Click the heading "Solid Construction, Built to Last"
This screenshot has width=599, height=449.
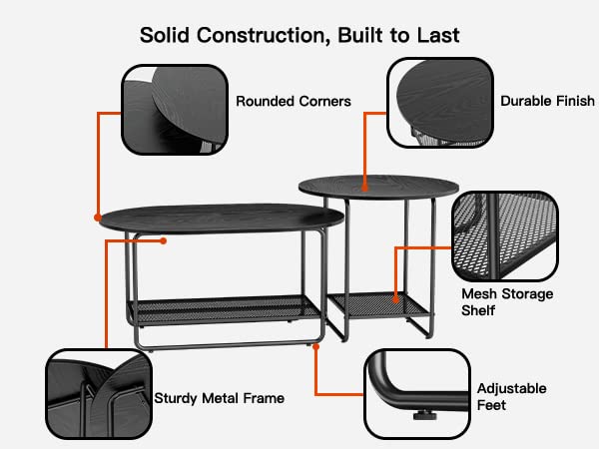(299, 36)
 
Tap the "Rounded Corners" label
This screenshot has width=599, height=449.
(294, 101)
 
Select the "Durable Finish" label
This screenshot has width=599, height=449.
(547, 101)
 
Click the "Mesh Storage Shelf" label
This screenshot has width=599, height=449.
(507, 302)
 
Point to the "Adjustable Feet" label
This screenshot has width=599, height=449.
(512, 397)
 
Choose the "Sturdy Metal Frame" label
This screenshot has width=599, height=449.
(220, 398)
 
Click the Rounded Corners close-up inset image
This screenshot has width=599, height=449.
(175, 110)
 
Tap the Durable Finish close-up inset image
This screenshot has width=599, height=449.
(440, 103)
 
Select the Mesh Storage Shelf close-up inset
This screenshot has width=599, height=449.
(505, 236)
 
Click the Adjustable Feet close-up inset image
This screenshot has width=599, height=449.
(417, 394)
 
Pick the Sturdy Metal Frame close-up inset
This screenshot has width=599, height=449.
(99, 394)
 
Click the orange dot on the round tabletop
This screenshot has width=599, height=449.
(364, 188)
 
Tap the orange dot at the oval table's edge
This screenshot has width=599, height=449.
(98, 218)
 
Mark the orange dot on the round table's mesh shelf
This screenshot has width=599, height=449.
(395, 299)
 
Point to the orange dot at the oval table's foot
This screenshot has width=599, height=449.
(315, 346)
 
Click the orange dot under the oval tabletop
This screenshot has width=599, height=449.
(163, 240)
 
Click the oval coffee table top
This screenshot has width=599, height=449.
(222, 218)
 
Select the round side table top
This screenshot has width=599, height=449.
(378, 188)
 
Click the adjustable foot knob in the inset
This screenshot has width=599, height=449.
(424, 415)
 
